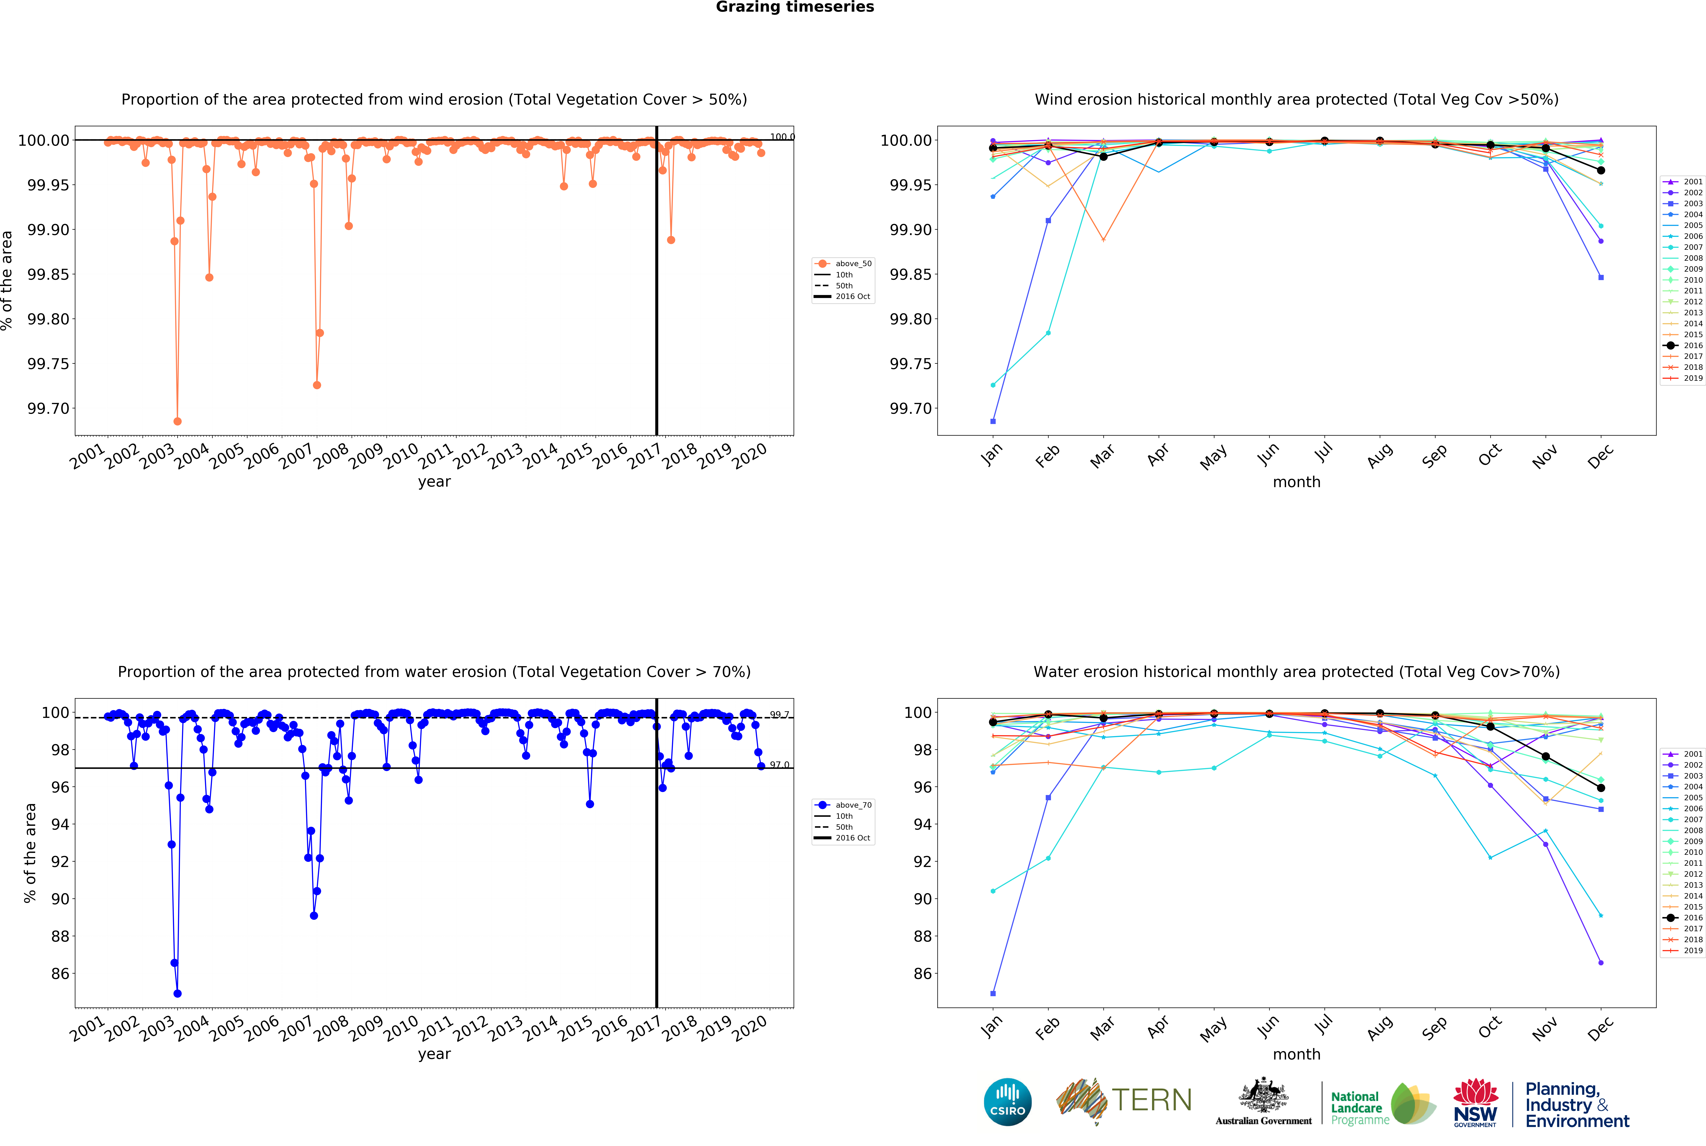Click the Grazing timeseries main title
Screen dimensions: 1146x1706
[x=794, y=7]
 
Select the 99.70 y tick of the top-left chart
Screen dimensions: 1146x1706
[x=48, y=409]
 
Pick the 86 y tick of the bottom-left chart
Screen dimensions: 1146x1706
[x=60, y=974]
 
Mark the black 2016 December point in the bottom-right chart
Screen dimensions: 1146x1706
[x=1601, y=788]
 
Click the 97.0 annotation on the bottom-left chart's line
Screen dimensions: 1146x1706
[x=779, y=765]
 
